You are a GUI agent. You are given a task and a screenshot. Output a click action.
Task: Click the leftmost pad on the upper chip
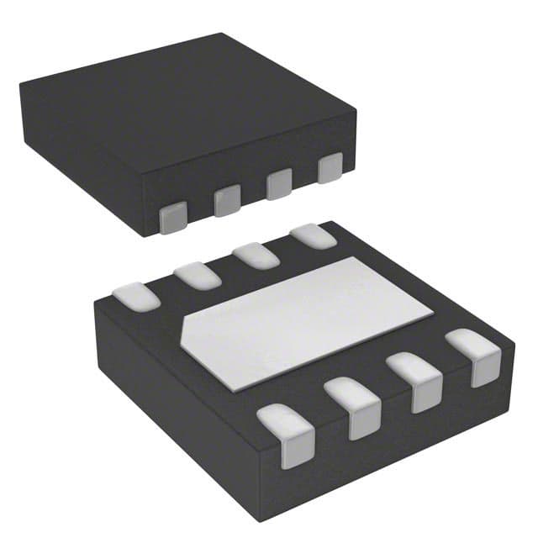[x=172, y=218]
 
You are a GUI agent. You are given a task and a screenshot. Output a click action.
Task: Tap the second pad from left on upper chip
[x=226, y=201]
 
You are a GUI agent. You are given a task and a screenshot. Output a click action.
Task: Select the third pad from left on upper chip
[x=278, y=184]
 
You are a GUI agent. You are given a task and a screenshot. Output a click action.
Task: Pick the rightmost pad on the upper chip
[x=330, y=167]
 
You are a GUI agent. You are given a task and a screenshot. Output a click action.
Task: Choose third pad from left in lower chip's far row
[x=256, y=253]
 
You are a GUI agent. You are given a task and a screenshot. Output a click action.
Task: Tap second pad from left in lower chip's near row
[x=353, y=405]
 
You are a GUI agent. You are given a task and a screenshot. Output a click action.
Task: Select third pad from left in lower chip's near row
[x=415, y=380]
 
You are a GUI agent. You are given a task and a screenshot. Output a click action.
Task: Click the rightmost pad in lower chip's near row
[x=473, y=356]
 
